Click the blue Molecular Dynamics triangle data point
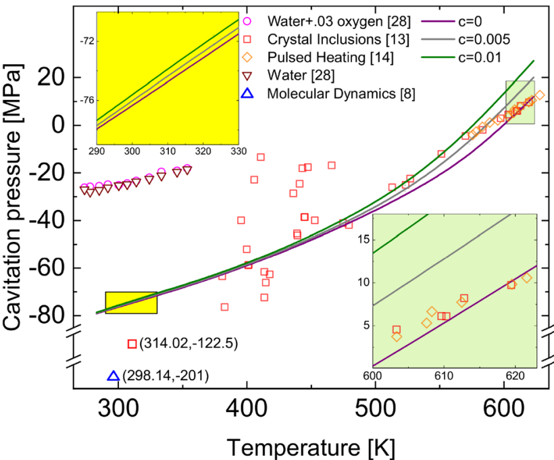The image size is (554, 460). pos(113,376)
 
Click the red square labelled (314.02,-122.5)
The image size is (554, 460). pos(132,344)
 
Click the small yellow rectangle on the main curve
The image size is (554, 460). pos(131,303)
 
